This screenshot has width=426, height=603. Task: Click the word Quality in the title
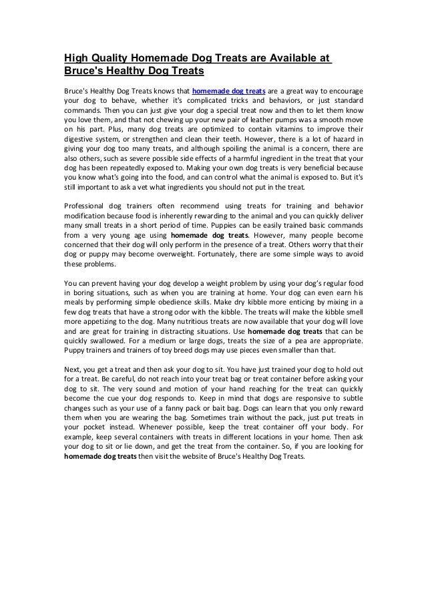coord(110,57)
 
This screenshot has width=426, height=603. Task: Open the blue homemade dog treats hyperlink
coord(229,91)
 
